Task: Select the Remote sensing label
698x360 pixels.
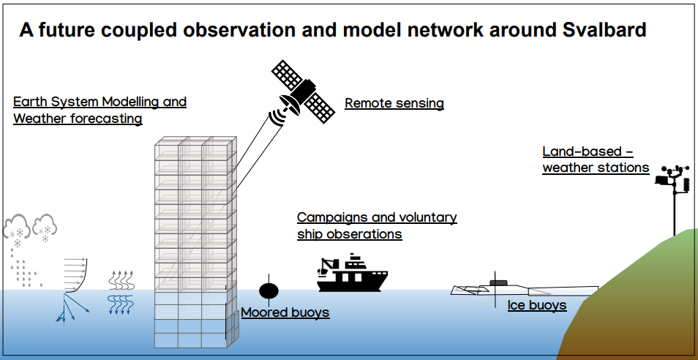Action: [394, 103]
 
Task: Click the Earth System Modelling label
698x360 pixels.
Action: [100, 102]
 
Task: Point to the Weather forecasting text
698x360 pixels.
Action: [78, 118]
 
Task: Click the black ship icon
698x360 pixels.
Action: [351, 274]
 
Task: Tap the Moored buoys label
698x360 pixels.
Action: [285, 312]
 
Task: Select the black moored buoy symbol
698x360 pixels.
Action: [269, 290]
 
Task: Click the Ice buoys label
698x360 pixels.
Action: [537, 304]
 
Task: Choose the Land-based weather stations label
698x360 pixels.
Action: [595, 160]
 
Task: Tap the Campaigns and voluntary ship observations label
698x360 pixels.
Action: [376, 225]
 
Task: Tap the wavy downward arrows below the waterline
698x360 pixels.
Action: [121, 305]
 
